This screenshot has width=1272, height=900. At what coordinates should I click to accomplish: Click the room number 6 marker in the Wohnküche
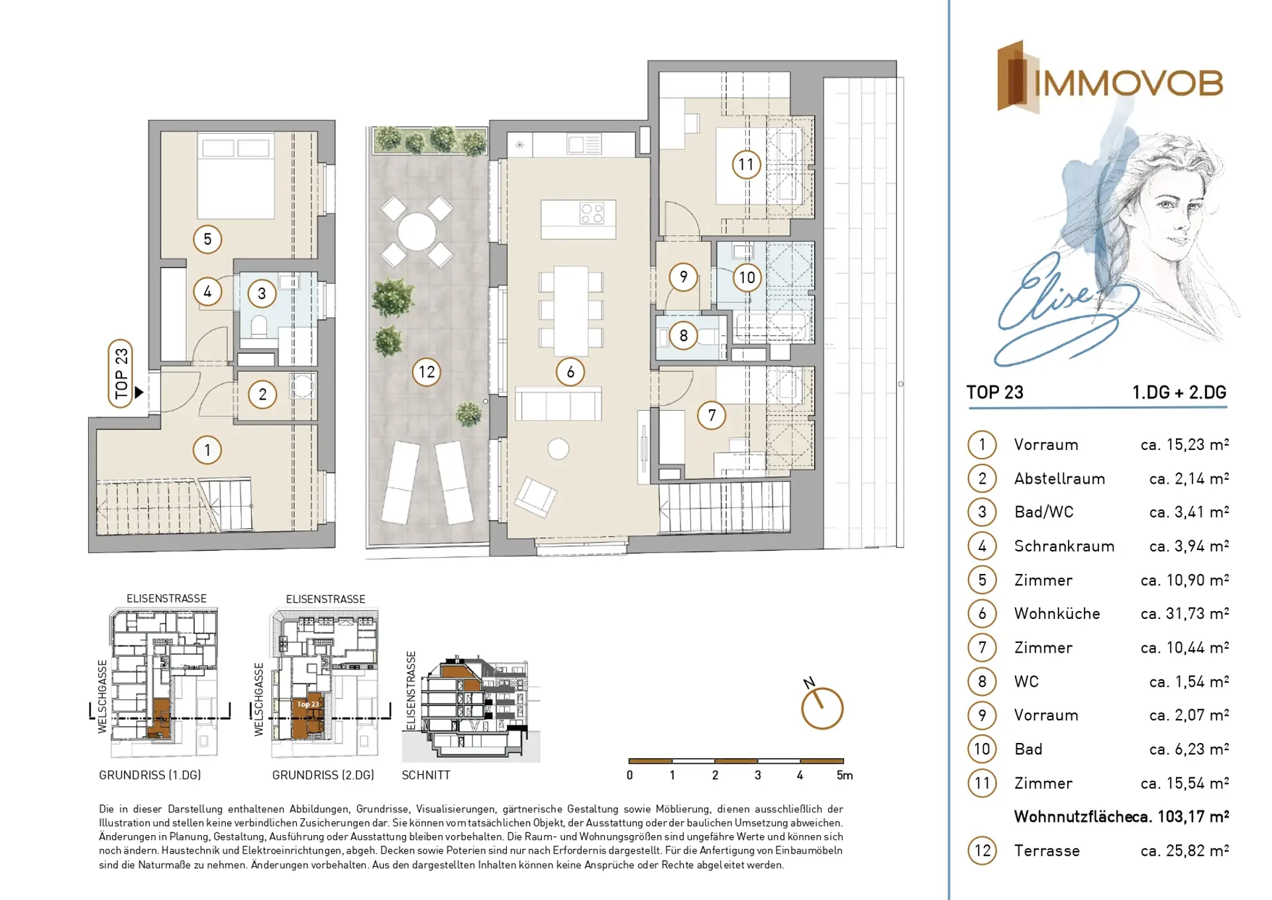click(x=570, y=372)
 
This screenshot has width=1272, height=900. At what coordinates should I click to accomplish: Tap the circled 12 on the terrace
click(x=427, y=372)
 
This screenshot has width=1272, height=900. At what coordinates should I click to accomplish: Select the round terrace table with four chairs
click(x=417, y=231)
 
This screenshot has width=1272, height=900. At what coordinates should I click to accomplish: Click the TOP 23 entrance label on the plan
click(x=121, y=373)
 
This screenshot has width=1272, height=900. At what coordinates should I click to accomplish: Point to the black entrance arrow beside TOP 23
click(x=139, y=392)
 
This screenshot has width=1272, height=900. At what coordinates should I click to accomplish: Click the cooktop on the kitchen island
click(x=592, y=213)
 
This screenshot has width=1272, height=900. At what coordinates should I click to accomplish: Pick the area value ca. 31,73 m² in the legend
click(x=1185, y=614)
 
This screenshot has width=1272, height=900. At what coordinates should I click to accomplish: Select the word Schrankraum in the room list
click(x=1064, y=546)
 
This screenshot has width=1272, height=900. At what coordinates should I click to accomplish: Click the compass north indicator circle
click(x=822, y=708)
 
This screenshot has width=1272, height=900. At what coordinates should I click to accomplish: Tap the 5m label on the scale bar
click(x=845, y=775)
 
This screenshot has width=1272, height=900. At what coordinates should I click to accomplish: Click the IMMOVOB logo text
click(x=1128, y=84)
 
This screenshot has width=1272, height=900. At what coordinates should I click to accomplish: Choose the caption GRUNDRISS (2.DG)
click(x=323, y=775)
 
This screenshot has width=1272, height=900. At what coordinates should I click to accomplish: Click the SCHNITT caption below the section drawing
click(x=426, y=775)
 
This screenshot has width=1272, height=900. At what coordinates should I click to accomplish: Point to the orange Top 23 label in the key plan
click(x=308, y=704)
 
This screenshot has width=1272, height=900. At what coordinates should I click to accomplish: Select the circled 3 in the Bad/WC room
click(x=262, y=293)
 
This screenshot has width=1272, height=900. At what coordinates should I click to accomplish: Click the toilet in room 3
click(x=259, y=327)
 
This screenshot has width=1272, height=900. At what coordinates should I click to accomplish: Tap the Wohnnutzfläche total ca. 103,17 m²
click(x=1121, y=816)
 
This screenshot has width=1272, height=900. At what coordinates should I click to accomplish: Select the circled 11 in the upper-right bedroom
click(x=746, y=164)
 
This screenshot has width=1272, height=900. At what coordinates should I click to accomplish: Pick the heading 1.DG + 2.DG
click(x=1179, y=392)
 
